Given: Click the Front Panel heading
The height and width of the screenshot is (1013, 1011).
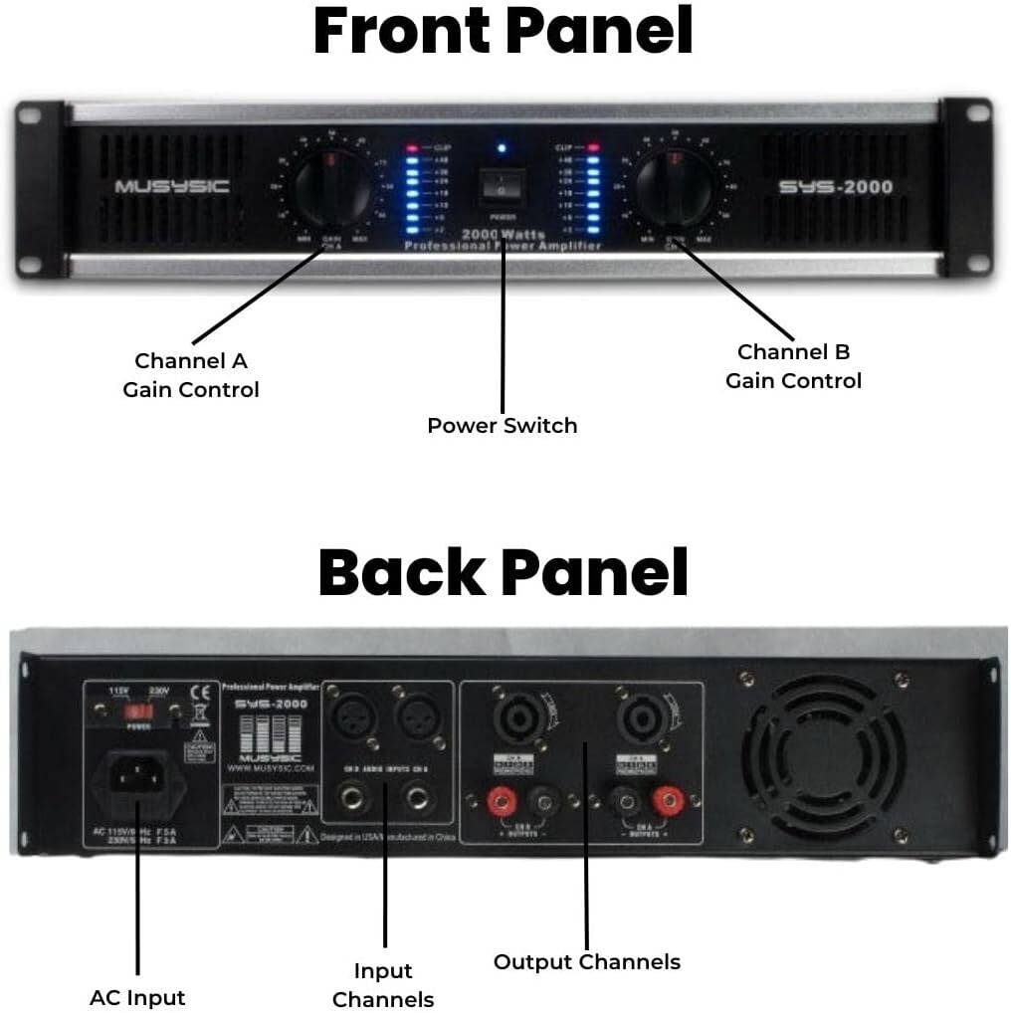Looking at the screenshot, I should point(503,32).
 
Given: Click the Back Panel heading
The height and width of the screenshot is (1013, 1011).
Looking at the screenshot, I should point(503,572).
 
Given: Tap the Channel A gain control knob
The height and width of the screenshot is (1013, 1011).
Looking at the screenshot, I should point(333,189).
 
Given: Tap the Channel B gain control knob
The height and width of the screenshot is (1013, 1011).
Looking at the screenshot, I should point(675,189).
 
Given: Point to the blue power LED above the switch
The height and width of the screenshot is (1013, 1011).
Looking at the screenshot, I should point(502,148).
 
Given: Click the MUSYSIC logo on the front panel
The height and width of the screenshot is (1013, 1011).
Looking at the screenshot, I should point(171,186).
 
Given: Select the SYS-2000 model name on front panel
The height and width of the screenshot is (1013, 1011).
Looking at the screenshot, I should point(836,186).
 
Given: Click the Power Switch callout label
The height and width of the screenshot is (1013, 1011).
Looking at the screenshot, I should point(502,425).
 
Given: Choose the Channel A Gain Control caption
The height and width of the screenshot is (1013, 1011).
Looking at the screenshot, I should point(191,375).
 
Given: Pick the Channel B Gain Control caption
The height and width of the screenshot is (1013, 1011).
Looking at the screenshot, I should point(793,366).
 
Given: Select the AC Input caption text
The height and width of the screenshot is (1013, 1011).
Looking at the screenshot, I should point(137,997).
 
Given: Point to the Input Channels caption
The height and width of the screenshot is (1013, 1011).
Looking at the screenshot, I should point(383,985).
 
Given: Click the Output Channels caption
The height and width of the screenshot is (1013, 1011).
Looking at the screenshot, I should point(587,961).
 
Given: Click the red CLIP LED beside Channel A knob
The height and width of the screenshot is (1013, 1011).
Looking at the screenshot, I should point(413,147).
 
